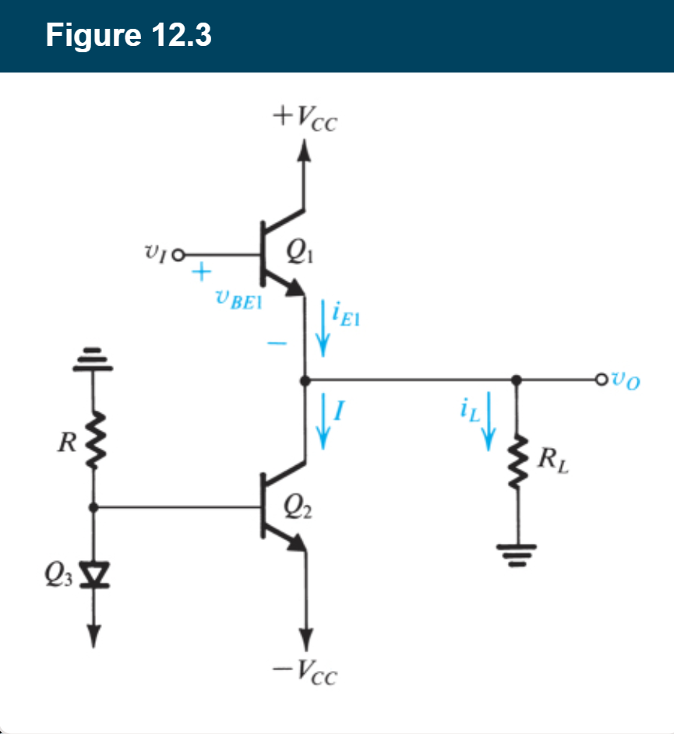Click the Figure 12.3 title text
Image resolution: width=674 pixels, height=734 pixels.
(x=128, y=36)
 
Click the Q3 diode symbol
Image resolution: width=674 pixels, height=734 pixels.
(x=94, y=577)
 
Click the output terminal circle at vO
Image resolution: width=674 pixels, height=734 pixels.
(x=599, y=380)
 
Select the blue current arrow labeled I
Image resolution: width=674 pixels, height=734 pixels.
(x=321, y=422)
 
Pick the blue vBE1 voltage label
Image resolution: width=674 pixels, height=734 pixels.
(x=238, y=299)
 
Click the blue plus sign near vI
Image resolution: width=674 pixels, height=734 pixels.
(x=201, y=273)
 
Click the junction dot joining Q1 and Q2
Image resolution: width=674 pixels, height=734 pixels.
(x=305, y=380)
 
